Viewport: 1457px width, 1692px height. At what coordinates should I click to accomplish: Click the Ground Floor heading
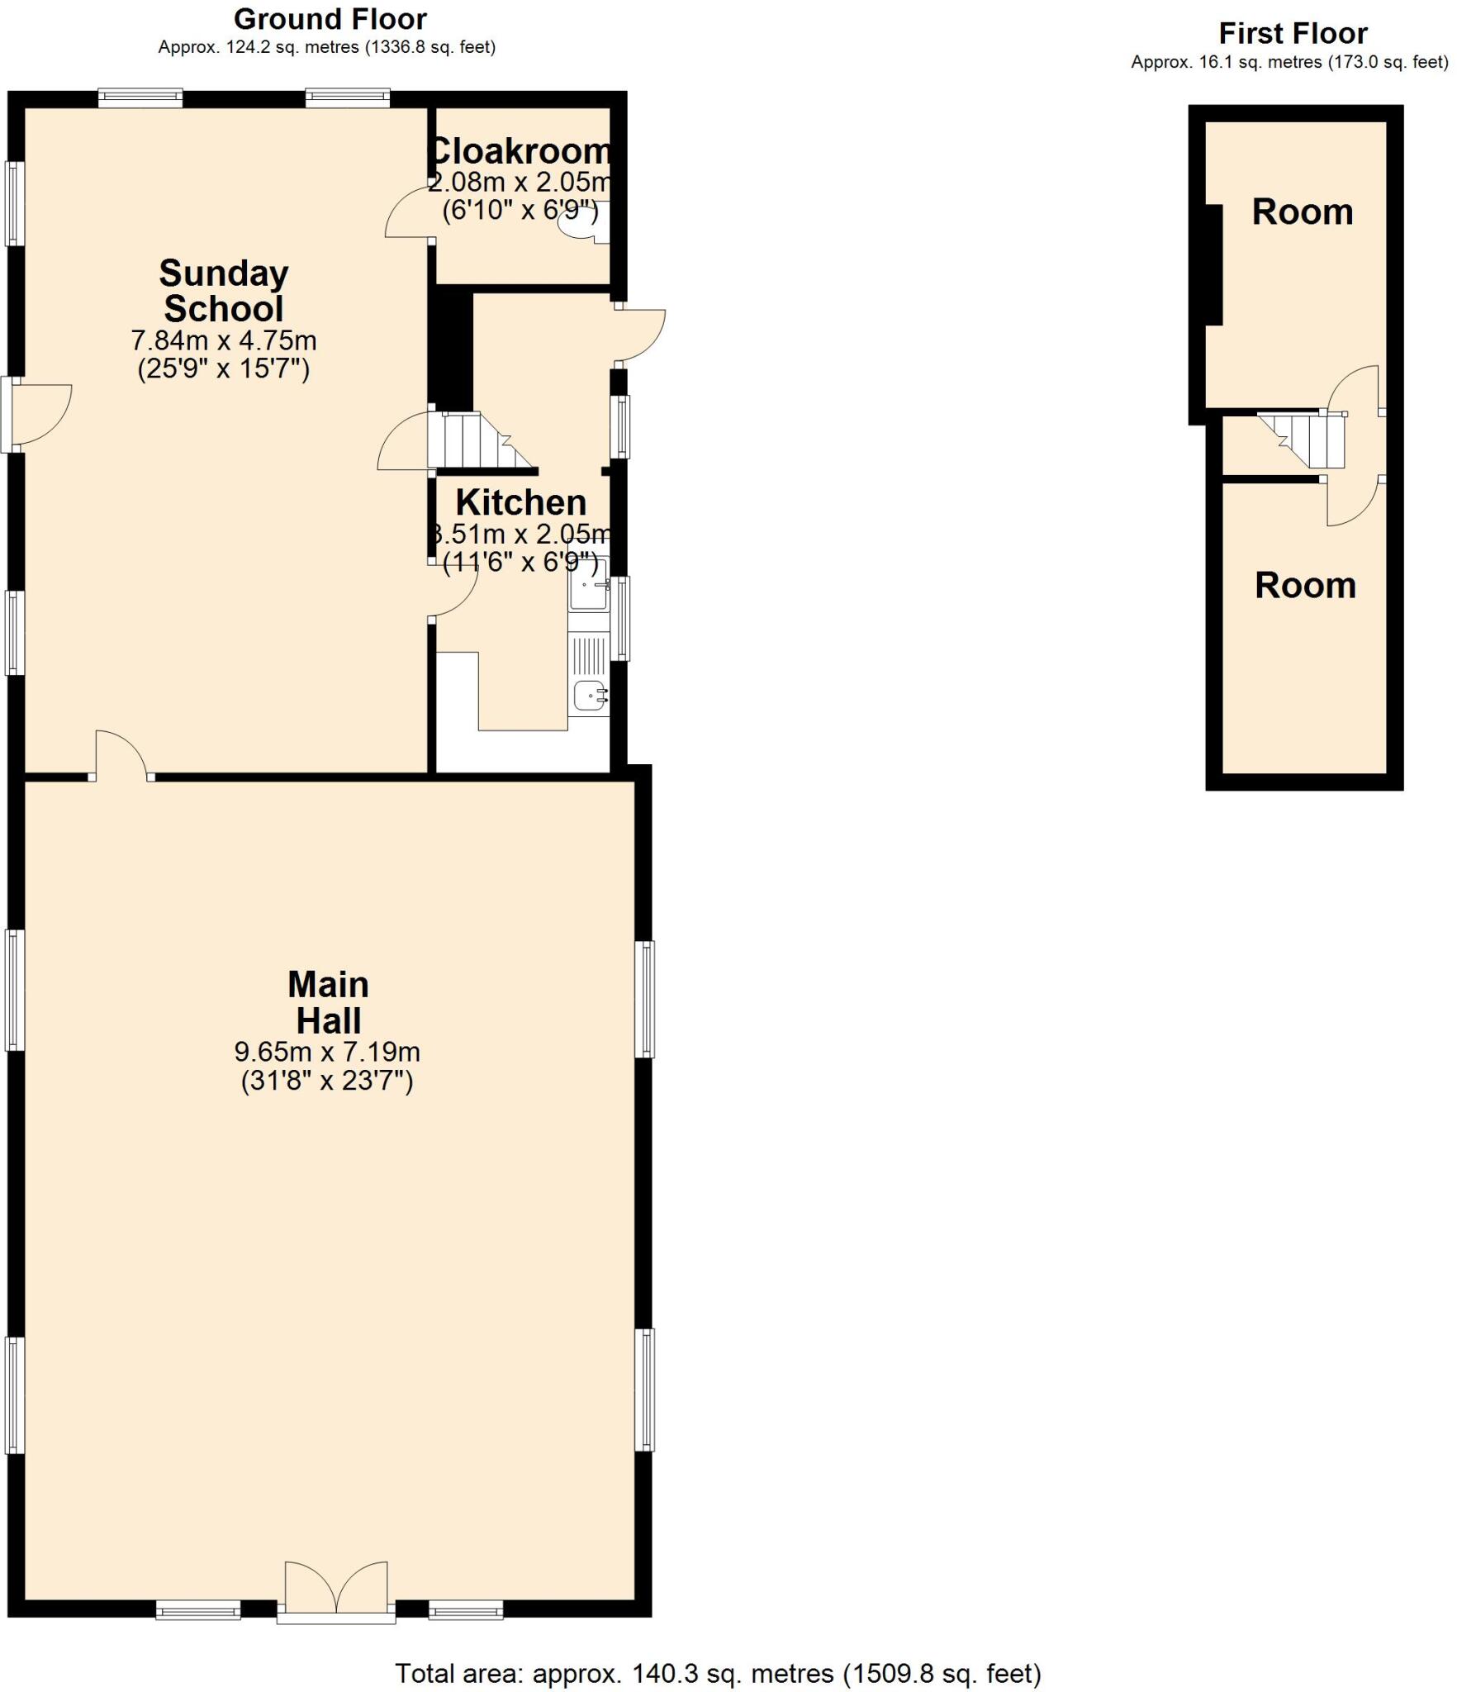[330, 19]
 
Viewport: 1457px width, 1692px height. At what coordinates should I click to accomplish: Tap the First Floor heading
[1293, 34]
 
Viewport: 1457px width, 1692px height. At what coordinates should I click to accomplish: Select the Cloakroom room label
[520, 151]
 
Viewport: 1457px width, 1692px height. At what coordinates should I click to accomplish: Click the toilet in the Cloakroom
[578, 220]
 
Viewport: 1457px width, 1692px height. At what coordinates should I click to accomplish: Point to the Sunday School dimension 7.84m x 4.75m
[223, 340]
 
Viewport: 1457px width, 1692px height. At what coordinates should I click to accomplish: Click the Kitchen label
[520, 502]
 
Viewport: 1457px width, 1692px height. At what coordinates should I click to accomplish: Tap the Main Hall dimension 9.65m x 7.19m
[327, 1052]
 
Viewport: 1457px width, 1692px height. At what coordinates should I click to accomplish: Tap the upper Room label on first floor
[1302, 212]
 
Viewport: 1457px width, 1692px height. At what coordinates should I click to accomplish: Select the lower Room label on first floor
[1305, 586]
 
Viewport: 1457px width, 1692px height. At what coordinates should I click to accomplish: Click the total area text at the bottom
[717, 1673]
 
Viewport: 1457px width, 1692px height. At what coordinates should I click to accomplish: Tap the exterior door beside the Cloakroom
[641, 335]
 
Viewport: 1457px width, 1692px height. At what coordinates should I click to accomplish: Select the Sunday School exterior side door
[41, 414]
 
